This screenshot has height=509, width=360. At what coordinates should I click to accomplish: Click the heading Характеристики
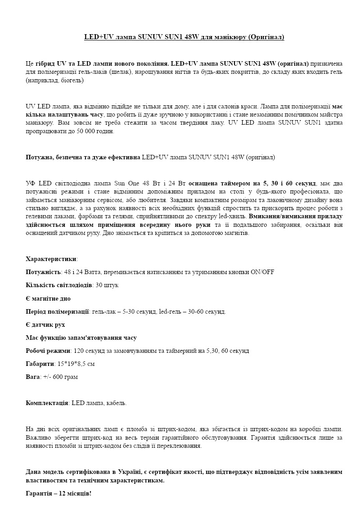coord(51,259)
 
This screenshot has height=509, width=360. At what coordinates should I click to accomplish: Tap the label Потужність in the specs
coord(43,272)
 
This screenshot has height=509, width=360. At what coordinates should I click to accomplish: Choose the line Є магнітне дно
coord(48,298)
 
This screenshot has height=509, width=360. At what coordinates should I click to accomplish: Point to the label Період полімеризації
coord(57,311)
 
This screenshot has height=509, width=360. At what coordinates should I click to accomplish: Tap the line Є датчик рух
coord(46,324)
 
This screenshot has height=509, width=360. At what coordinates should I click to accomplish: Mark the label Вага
coord(33,377)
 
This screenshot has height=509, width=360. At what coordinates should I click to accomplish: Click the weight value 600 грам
coord(66,377)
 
